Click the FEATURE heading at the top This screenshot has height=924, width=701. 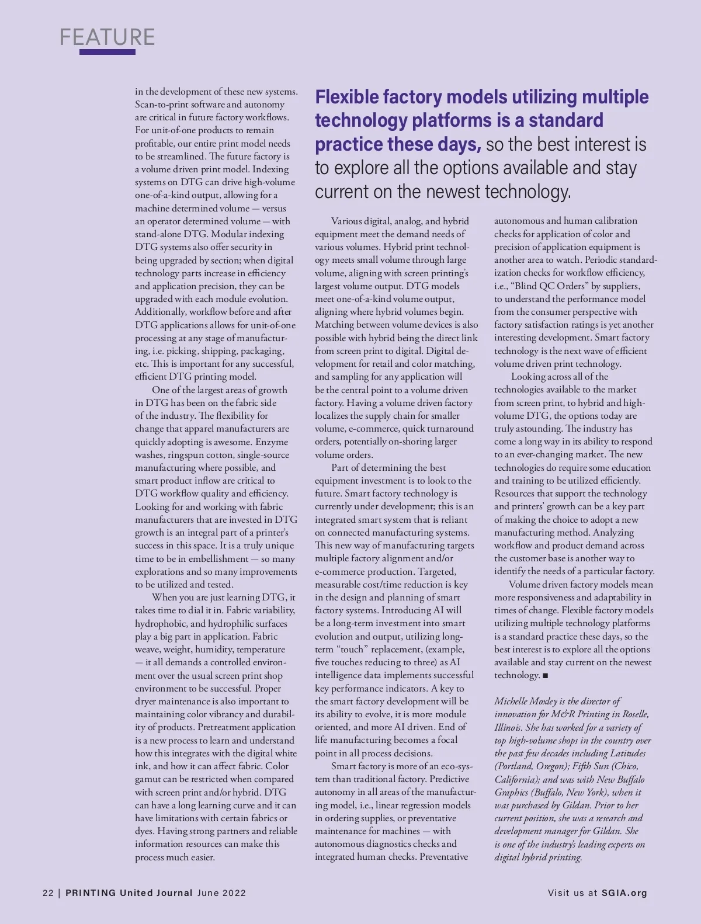pos(107,37)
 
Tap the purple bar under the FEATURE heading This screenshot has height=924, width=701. pos(107,52)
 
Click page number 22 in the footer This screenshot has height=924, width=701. pos(48,892)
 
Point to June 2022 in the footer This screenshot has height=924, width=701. pos(221,892)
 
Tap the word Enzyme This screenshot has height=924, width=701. pos(272,442)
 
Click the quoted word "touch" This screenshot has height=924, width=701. pos(352,649)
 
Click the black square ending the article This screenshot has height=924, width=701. pos(546,675)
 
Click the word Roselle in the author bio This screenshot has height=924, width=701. pos(633,714)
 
